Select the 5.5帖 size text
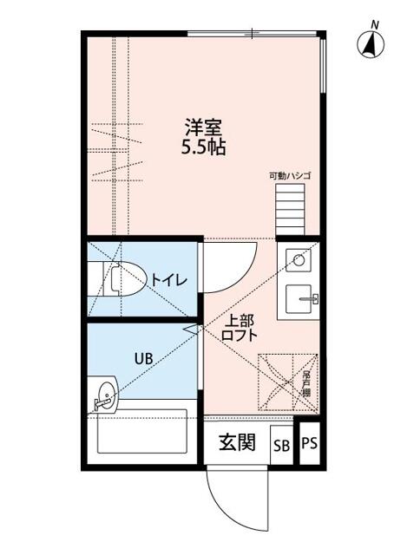point(203,147)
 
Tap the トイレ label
point(168,279)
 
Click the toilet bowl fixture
point(122,279)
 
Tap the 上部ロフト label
point(238,326)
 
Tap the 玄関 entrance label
point(236,442)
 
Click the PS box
point(310,443)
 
